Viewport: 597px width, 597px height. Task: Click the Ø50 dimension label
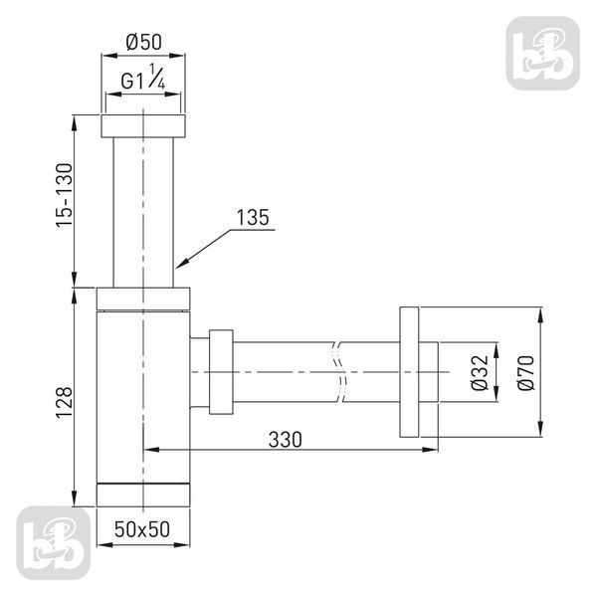click(x=143, y=42)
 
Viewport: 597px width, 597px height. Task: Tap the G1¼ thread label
click(x=142, y=78)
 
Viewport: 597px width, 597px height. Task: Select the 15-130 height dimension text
click(x=64, y=196)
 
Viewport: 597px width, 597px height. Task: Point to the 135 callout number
click(x=253, y=217)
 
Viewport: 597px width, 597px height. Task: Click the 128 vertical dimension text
click(x=64, y=403)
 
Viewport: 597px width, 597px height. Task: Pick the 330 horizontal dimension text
click(x=286, y=440)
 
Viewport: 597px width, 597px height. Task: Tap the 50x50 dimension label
click(x=142, y=529)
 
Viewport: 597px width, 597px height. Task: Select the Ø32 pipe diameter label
click(x=480, y=372)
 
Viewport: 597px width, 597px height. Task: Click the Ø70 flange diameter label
click(x=526, y=372)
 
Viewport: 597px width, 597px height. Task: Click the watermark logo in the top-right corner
click(x=543, y=54)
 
